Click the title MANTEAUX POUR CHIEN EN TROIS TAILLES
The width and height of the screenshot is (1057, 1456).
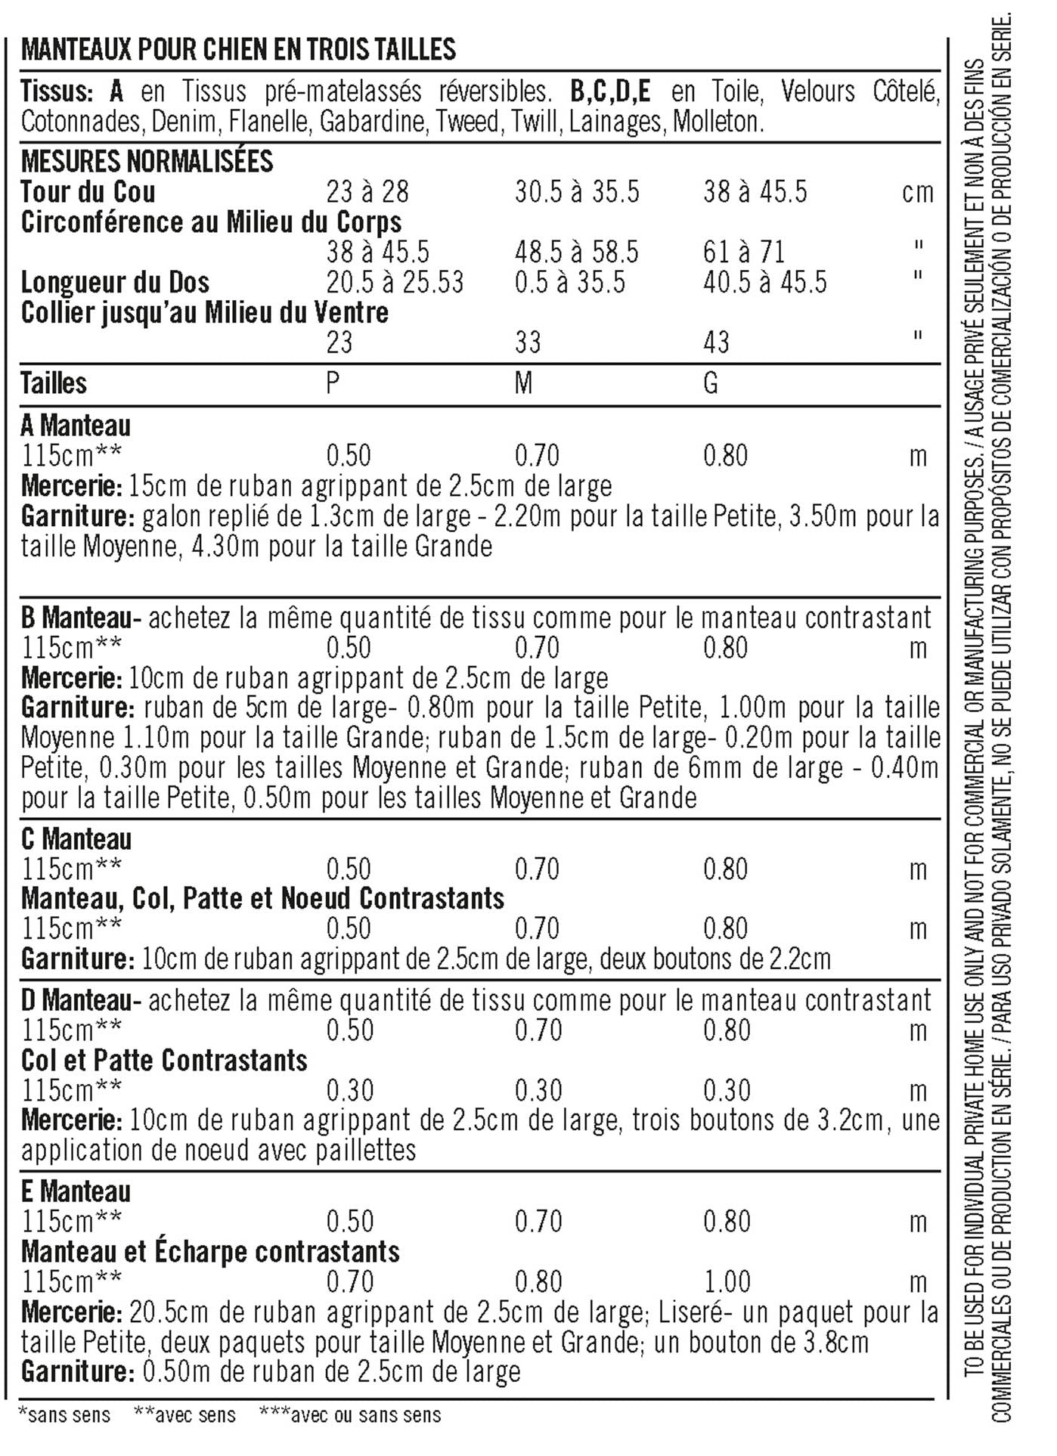[238, 50]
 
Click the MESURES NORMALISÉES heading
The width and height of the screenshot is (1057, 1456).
[147, 162]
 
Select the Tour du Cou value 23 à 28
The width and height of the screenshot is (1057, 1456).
[367, 192]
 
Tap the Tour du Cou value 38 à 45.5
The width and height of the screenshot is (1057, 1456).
[755, 192]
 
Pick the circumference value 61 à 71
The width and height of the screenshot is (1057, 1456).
[744, 252]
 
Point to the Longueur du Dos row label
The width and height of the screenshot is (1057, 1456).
[115, 283]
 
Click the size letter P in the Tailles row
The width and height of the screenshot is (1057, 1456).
[333, 383]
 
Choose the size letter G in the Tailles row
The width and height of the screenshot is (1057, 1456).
[711, 383]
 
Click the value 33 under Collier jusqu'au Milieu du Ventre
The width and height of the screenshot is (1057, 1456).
[528, 342]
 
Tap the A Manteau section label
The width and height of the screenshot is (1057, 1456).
[76, 426]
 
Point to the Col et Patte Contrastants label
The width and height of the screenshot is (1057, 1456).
[164, 1061]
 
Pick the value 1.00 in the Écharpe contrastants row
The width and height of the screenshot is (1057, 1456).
[727, 1281]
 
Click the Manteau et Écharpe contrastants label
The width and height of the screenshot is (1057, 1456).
[210, 1252]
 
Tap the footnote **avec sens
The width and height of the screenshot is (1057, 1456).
[184, 1415]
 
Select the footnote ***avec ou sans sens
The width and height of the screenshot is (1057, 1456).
[350, 1415]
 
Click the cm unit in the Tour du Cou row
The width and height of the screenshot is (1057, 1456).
[918, 193]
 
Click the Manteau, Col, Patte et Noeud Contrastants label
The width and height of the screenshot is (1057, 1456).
[262, 899]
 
